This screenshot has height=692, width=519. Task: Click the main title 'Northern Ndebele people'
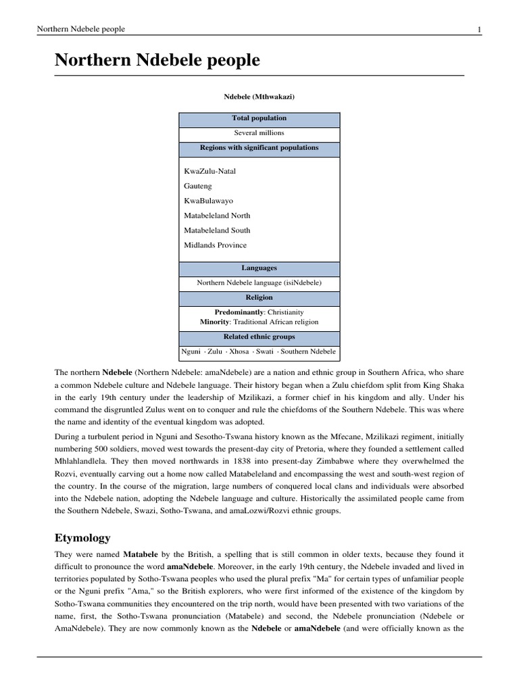pos(157,60)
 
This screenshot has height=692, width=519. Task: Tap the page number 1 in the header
pos(478,29)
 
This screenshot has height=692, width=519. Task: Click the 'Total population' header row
pos(259,118)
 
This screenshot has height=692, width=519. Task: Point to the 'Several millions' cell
pos(259,133)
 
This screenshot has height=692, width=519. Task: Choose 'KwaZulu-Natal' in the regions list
pos(209,171)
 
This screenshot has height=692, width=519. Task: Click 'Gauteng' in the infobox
pos(198,186)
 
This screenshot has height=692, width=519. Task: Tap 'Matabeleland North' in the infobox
pos(217,216)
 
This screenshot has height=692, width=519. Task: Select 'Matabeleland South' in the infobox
pos(217,230)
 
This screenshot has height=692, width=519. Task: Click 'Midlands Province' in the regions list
pos(215,245)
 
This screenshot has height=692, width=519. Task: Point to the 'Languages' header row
pos(259,268)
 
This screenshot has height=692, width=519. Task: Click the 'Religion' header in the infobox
pos(259,297)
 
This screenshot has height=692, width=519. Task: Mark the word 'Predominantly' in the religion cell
pos(239,312)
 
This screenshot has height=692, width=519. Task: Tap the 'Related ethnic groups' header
pos(259,337)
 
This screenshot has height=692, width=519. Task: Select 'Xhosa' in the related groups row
pos(239,352)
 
